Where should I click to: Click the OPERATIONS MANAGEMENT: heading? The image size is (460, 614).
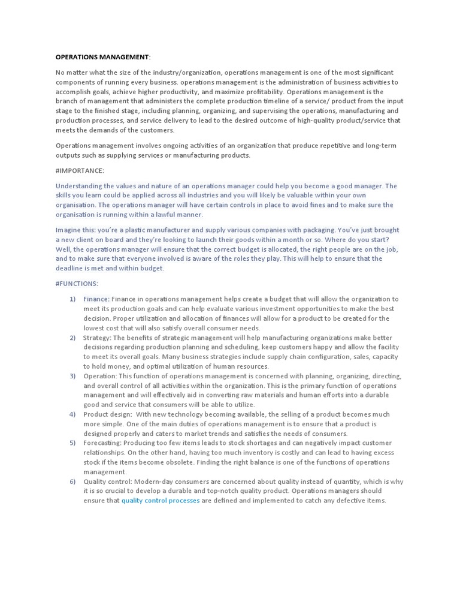(x=103, y=57)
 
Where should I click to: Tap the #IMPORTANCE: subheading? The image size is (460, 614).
(x=80, y=171)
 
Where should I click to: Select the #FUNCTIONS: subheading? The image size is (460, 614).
(x=77, y=284)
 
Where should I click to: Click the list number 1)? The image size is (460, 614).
(x=72, y=299)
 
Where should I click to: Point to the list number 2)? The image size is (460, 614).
(x=72, y=338)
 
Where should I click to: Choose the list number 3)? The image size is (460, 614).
(x=72, y=376)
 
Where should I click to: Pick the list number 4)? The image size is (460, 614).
(x=72, y=414)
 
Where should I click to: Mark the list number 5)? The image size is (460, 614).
(x=72, y=443)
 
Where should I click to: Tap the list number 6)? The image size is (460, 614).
(x=72, y=481)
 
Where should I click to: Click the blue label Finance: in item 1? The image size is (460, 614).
(x=96, y=299)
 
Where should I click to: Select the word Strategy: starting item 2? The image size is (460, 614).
(x=97, y=338)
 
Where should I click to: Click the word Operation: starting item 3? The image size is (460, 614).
(x=99, y=376)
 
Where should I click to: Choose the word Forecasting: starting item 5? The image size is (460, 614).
(x=102, y=443)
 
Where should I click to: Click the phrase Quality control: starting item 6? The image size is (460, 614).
(x=107, y=481)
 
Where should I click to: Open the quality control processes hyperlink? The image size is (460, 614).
(x=161, y=501)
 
